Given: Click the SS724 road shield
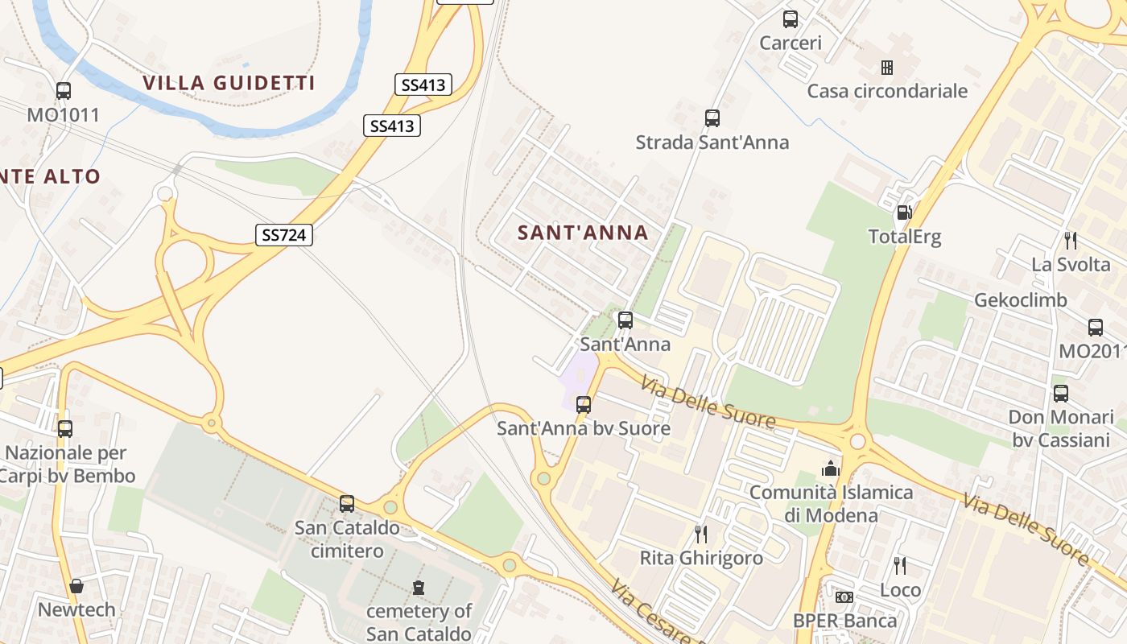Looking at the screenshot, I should [284, 234].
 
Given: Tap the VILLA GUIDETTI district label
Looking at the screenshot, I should [229, 83].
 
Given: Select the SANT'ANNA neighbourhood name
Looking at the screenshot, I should [582, 233].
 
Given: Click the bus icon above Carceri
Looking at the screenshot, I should [791, 19].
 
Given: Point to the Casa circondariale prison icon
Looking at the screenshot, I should [886, 67].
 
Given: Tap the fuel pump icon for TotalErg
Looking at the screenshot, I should [904, 213].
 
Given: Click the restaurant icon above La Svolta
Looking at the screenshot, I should [1071, 240].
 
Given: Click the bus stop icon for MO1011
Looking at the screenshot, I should [64, 91].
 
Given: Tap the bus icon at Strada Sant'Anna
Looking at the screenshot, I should [712, 118].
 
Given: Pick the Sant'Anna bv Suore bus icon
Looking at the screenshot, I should [584, 404].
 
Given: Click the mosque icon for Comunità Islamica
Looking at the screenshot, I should [831, 468].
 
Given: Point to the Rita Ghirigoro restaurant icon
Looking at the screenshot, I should [701, 534].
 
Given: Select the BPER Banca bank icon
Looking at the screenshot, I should [844, 597].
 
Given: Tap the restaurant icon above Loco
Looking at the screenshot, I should [900, 566].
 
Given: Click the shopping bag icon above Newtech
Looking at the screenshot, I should [76, 585].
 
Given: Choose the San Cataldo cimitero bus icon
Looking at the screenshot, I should [347, 504].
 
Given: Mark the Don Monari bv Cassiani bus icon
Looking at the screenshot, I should [1061, 394].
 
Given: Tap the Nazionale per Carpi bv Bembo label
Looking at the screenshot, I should [67, 464].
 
